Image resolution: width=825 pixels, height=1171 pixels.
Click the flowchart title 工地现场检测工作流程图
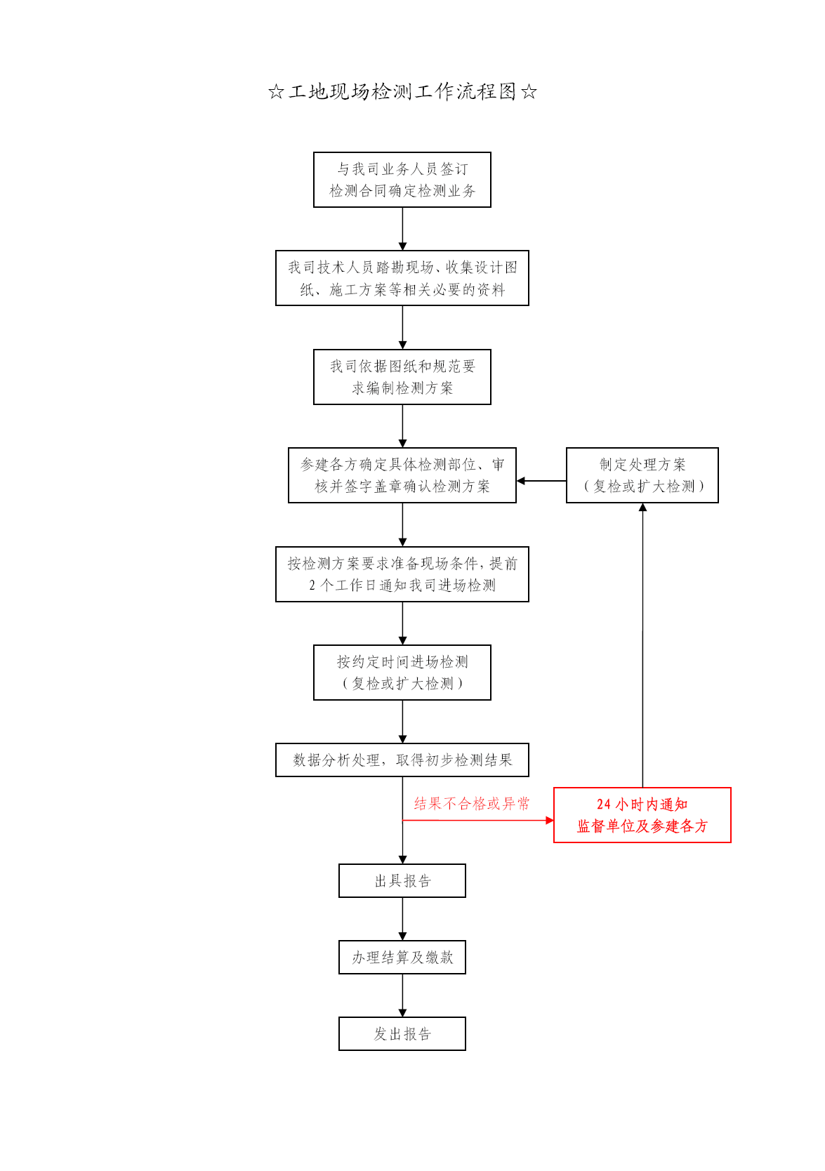(x=402, y=92)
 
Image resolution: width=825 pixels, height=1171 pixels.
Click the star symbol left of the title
(x=276, y=92)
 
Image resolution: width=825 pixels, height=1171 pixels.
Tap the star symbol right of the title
(x=529, y=92)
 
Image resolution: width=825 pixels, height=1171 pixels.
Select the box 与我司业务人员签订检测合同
(x=402, y=180)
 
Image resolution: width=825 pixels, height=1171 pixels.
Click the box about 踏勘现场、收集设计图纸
(x=402, y=278)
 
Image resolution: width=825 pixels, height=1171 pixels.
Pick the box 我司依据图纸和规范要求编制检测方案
(x=402, y=377)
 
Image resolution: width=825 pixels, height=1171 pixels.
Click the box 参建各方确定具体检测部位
(x=402, y=475)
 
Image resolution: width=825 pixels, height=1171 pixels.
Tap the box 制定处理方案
(x=642, y=475)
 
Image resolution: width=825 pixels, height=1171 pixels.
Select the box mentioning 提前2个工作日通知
(x=402, y=574)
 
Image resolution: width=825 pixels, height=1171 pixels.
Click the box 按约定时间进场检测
(x=402, y=673)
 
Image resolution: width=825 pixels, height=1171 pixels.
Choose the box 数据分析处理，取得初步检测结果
(x=402, y=760)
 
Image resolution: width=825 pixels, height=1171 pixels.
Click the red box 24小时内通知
(x=642, y=815)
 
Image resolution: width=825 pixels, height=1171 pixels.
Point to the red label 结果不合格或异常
(x=472, y=804)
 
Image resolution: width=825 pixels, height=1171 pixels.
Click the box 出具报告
(x=402, y=881)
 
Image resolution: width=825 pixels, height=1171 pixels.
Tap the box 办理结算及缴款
(x=402, y=958)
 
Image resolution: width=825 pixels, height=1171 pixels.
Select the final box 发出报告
(x=402, y=1034)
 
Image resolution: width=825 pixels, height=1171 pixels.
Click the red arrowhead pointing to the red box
(x=550, y=820)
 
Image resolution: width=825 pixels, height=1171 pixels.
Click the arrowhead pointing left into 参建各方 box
(x=521, y=481)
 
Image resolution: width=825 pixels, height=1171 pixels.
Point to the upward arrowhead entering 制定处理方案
(x=642, y=507)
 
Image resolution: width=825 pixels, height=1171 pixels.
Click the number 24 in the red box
(x=603, y=805)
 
